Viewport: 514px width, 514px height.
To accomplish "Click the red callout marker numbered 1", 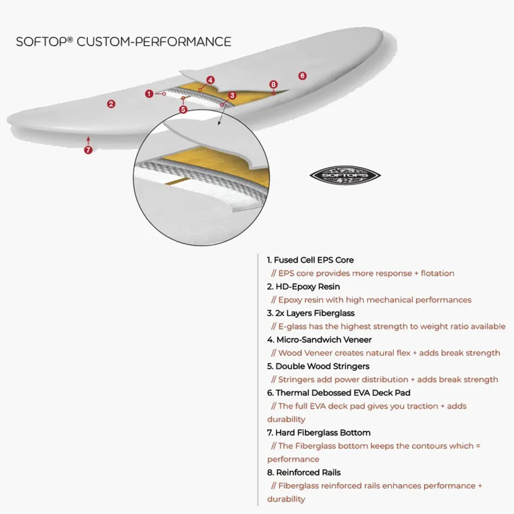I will point(149,94).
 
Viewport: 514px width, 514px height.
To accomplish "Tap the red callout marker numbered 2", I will point(111,103).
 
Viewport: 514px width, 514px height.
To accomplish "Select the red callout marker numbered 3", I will point(232,95).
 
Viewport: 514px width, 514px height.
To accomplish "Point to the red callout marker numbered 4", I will point(210,80).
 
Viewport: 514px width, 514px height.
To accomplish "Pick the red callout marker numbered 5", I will point(183,109).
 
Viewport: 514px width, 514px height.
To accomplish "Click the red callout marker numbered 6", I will point(302,76).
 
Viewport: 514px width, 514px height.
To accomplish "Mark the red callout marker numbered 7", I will point(88,150).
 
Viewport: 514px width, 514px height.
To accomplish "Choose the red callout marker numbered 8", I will point(273,84).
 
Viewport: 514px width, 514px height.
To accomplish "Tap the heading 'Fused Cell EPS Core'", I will point(310,260).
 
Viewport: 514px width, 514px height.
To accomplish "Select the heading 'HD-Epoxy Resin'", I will point(303,287).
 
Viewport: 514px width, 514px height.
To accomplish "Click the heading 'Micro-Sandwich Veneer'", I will point(319,339).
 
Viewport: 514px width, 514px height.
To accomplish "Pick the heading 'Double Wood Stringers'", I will point(318,366).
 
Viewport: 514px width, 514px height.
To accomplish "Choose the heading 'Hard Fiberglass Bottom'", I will point(319,432).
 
